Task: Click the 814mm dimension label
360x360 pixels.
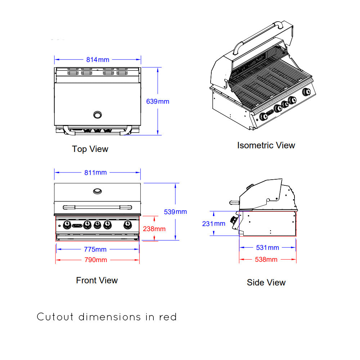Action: (98, 60)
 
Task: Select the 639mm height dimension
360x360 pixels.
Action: (157, 102)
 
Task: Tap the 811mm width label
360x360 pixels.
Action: (95, 172)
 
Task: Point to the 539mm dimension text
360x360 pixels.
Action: (175, 212)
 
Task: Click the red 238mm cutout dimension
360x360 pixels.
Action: (154, 229)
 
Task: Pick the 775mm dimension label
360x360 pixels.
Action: (95, 249)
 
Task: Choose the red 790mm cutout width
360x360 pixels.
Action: (95, 260)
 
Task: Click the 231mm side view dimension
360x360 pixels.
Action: (213, 224)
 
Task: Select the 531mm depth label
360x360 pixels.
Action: (267, 248)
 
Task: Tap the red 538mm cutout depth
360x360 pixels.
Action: (266, 259)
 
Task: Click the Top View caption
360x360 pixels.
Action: (90, 149)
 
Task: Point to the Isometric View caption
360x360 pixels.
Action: (266, 145)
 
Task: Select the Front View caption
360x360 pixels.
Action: (97, 280)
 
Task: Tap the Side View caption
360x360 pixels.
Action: (266, 283)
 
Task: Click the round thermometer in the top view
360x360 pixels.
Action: (97, 115)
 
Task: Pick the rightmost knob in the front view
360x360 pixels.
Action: (127, 225)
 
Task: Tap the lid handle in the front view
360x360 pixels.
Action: (97, 207)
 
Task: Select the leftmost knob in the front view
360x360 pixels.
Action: (67, 225)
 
